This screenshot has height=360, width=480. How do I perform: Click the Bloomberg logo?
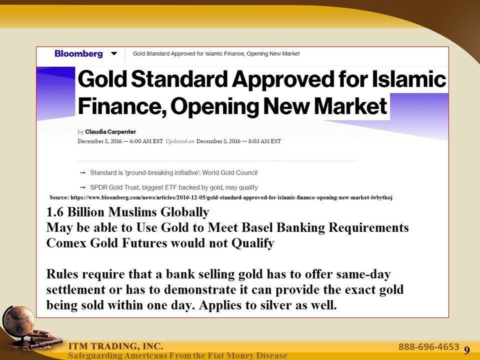tap(78, 53)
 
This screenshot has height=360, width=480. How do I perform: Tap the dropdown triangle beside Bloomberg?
tap(114, 53)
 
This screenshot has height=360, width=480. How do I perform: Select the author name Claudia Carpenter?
tap(110, 132)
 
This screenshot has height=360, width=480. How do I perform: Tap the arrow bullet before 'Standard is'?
tap(82, 172)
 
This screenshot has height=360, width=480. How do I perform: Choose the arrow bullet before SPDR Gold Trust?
tap(82, 187)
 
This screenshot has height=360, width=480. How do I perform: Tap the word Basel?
tap(259, 228)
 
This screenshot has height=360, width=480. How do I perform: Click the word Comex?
tap(64, 243)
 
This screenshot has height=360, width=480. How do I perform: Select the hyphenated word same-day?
tap(365, 274)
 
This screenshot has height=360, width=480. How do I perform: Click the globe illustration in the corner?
tap(18, 320)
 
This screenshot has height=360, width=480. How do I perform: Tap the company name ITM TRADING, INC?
tap(115, 346)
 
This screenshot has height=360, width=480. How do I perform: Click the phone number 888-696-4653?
tap(428, 346)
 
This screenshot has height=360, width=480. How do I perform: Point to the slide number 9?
tap(466, 350)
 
